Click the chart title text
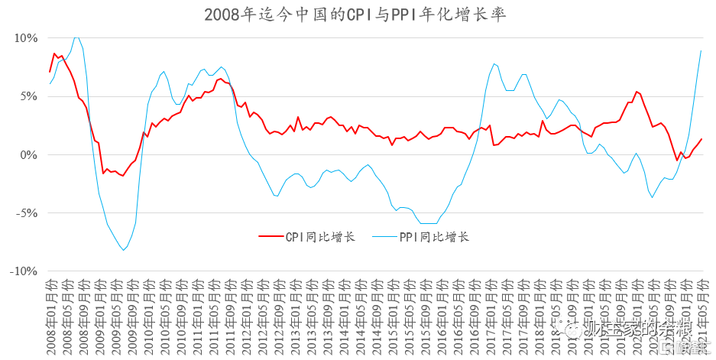click(x=355, y=15)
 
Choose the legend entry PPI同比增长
click(x=434, y=237)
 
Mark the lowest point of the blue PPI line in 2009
click(x=123, y=250)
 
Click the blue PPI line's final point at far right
click(x=701, y=50)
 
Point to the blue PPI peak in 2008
click(x=76, y=37)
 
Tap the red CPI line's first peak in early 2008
click(x=54, y=54)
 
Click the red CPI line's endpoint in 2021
click(x=701, y=139)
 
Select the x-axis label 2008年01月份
click(x=50, y=313)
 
